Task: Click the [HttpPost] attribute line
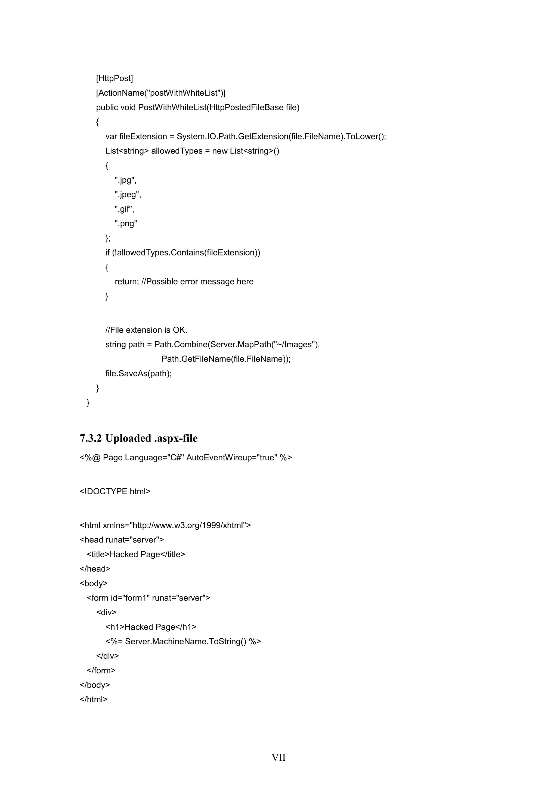click(114, 79)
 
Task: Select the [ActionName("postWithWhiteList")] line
click(160, 93)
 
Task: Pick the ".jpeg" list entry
click(128, 195)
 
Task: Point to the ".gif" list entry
click(125, 209)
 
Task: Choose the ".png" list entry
click(126, 223)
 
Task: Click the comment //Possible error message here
click(197, 282)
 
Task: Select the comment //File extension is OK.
click(146, 330)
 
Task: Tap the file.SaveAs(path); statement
click(138, 373)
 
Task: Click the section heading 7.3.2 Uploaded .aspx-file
click(138, 438)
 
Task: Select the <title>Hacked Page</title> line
click(136, 554)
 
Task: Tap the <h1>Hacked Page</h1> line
click(151, 627)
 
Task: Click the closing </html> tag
click(94, 699)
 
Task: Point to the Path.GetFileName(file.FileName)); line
click(226, 359)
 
